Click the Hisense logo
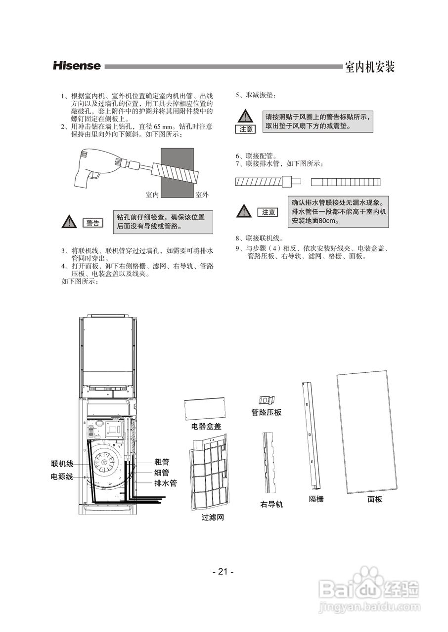click(x=77, y=66)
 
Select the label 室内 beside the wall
click(x=152, y=195)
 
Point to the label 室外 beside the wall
click(x=202, y=195)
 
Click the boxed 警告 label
click(x=93, y=223)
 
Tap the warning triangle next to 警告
click(x=69, y=222)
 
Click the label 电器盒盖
click(x=206, y=426)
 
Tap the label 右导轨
click(x=271, y=505)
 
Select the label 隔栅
click(x=316, y=499)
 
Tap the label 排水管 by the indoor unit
click(x=166, y=483)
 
